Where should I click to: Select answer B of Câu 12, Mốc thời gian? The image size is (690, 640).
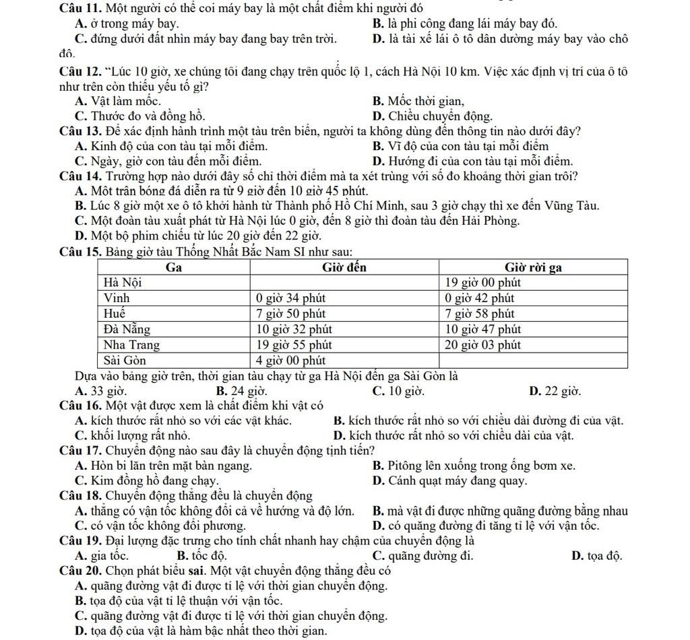pos(418,102)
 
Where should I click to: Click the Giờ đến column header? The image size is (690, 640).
pos(344,268)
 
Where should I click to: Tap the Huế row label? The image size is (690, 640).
pos(114,314)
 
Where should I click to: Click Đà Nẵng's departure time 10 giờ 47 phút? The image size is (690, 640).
pos(484,329)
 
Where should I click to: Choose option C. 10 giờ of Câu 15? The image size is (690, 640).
pos(398,391)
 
